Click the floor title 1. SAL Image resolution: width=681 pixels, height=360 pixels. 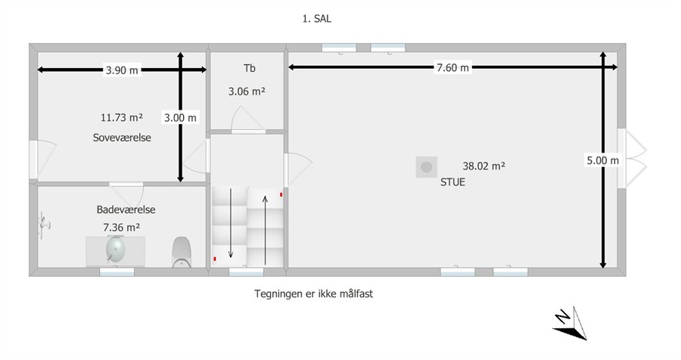tap(316, 19)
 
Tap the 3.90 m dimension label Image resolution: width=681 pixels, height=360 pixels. tap(122, 70)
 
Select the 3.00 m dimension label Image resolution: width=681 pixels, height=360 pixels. tap(180, 117)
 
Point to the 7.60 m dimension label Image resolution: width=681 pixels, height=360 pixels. tap(452, 67)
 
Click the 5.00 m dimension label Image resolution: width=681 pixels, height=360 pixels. tap(603, 160)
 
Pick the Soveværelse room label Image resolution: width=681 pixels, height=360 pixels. tap(122, 138)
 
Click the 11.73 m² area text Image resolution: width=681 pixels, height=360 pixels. tap(122, 117)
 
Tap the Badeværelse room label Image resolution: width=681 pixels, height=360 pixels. tap(126, 209)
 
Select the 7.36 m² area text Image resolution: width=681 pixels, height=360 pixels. tap(122, 227)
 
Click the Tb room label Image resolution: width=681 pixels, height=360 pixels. tap(249, 68)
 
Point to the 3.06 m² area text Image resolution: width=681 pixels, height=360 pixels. tap(247, 92)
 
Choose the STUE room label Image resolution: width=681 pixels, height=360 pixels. tap(452, 182)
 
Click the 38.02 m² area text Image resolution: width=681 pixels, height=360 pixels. tap(484, 166)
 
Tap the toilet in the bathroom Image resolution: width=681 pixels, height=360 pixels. tap(182, 252)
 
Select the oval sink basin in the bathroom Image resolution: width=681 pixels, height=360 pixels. tap(116, 250)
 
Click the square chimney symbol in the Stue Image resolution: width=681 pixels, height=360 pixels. tap(427, 166)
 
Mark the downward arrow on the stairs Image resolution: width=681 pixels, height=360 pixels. tap(231, 223)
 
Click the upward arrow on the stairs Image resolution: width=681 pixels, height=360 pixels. tap(265, 230)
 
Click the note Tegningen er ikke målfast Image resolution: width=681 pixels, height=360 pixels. tap(313, 293)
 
